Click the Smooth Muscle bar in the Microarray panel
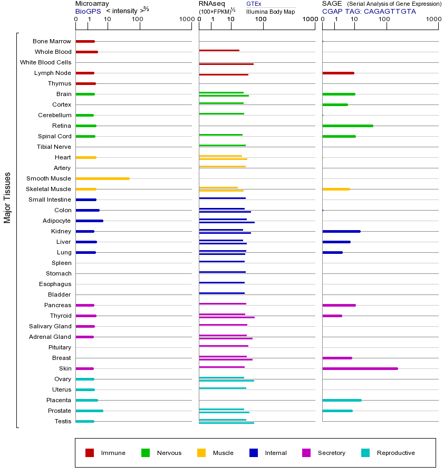(102, 178)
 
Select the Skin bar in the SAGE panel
(360, 368)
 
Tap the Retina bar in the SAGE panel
(348, 126)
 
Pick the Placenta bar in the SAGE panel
(342, 400)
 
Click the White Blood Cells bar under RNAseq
(226, 64)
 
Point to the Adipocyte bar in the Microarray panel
(89, 221)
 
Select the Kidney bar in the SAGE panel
(341, 231)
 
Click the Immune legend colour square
(90, 453)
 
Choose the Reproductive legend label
(395, 453)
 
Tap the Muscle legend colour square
(201, 453)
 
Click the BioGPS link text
(88, 11)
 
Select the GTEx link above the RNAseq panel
(254, 4)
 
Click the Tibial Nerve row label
(54, 147)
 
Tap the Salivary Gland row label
(50, 326)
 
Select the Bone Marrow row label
(52, 41)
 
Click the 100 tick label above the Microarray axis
(137, 20)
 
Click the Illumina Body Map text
(271, 12)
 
